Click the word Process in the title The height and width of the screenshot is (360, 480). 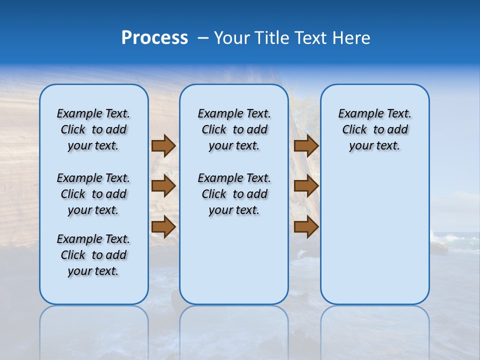coord(154,38)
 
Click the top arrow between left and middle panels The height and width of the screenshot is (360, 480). coord(163,145)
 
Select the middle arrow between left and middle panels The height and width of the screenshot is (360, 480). coord(163,186)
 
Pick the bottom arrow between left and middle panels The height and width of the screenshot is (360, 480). coord(163,226)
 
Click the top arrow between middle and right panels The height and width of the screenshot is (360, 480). coord(306,145)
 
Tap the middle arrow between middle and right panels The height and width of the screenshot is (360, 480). coord(306,186)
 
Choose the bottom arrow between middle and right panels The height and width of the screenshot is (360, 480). coord(306,226)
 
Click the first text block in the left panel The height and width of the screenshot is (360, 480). coord(93,129)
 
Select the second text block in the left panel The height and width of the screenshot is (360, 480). coord(93,194)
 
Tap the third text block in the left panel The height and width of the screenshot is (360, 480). coord(93,255)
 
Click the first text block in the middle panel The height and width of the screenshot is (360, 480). coord(234,129)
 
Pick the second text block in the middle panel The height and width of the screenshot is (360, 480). coord(234,194)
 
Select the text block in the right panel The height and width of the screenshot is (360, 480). coord(375,129)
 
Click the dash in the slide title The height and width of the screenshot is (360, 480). coord(203,38)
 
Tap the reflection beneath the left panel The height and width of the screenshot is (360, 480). coord(94,330)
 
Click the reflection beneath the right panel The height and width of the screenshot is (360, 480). coord(375,330)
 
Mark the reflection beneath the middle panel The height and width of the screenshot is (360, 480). coord(234,330)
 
